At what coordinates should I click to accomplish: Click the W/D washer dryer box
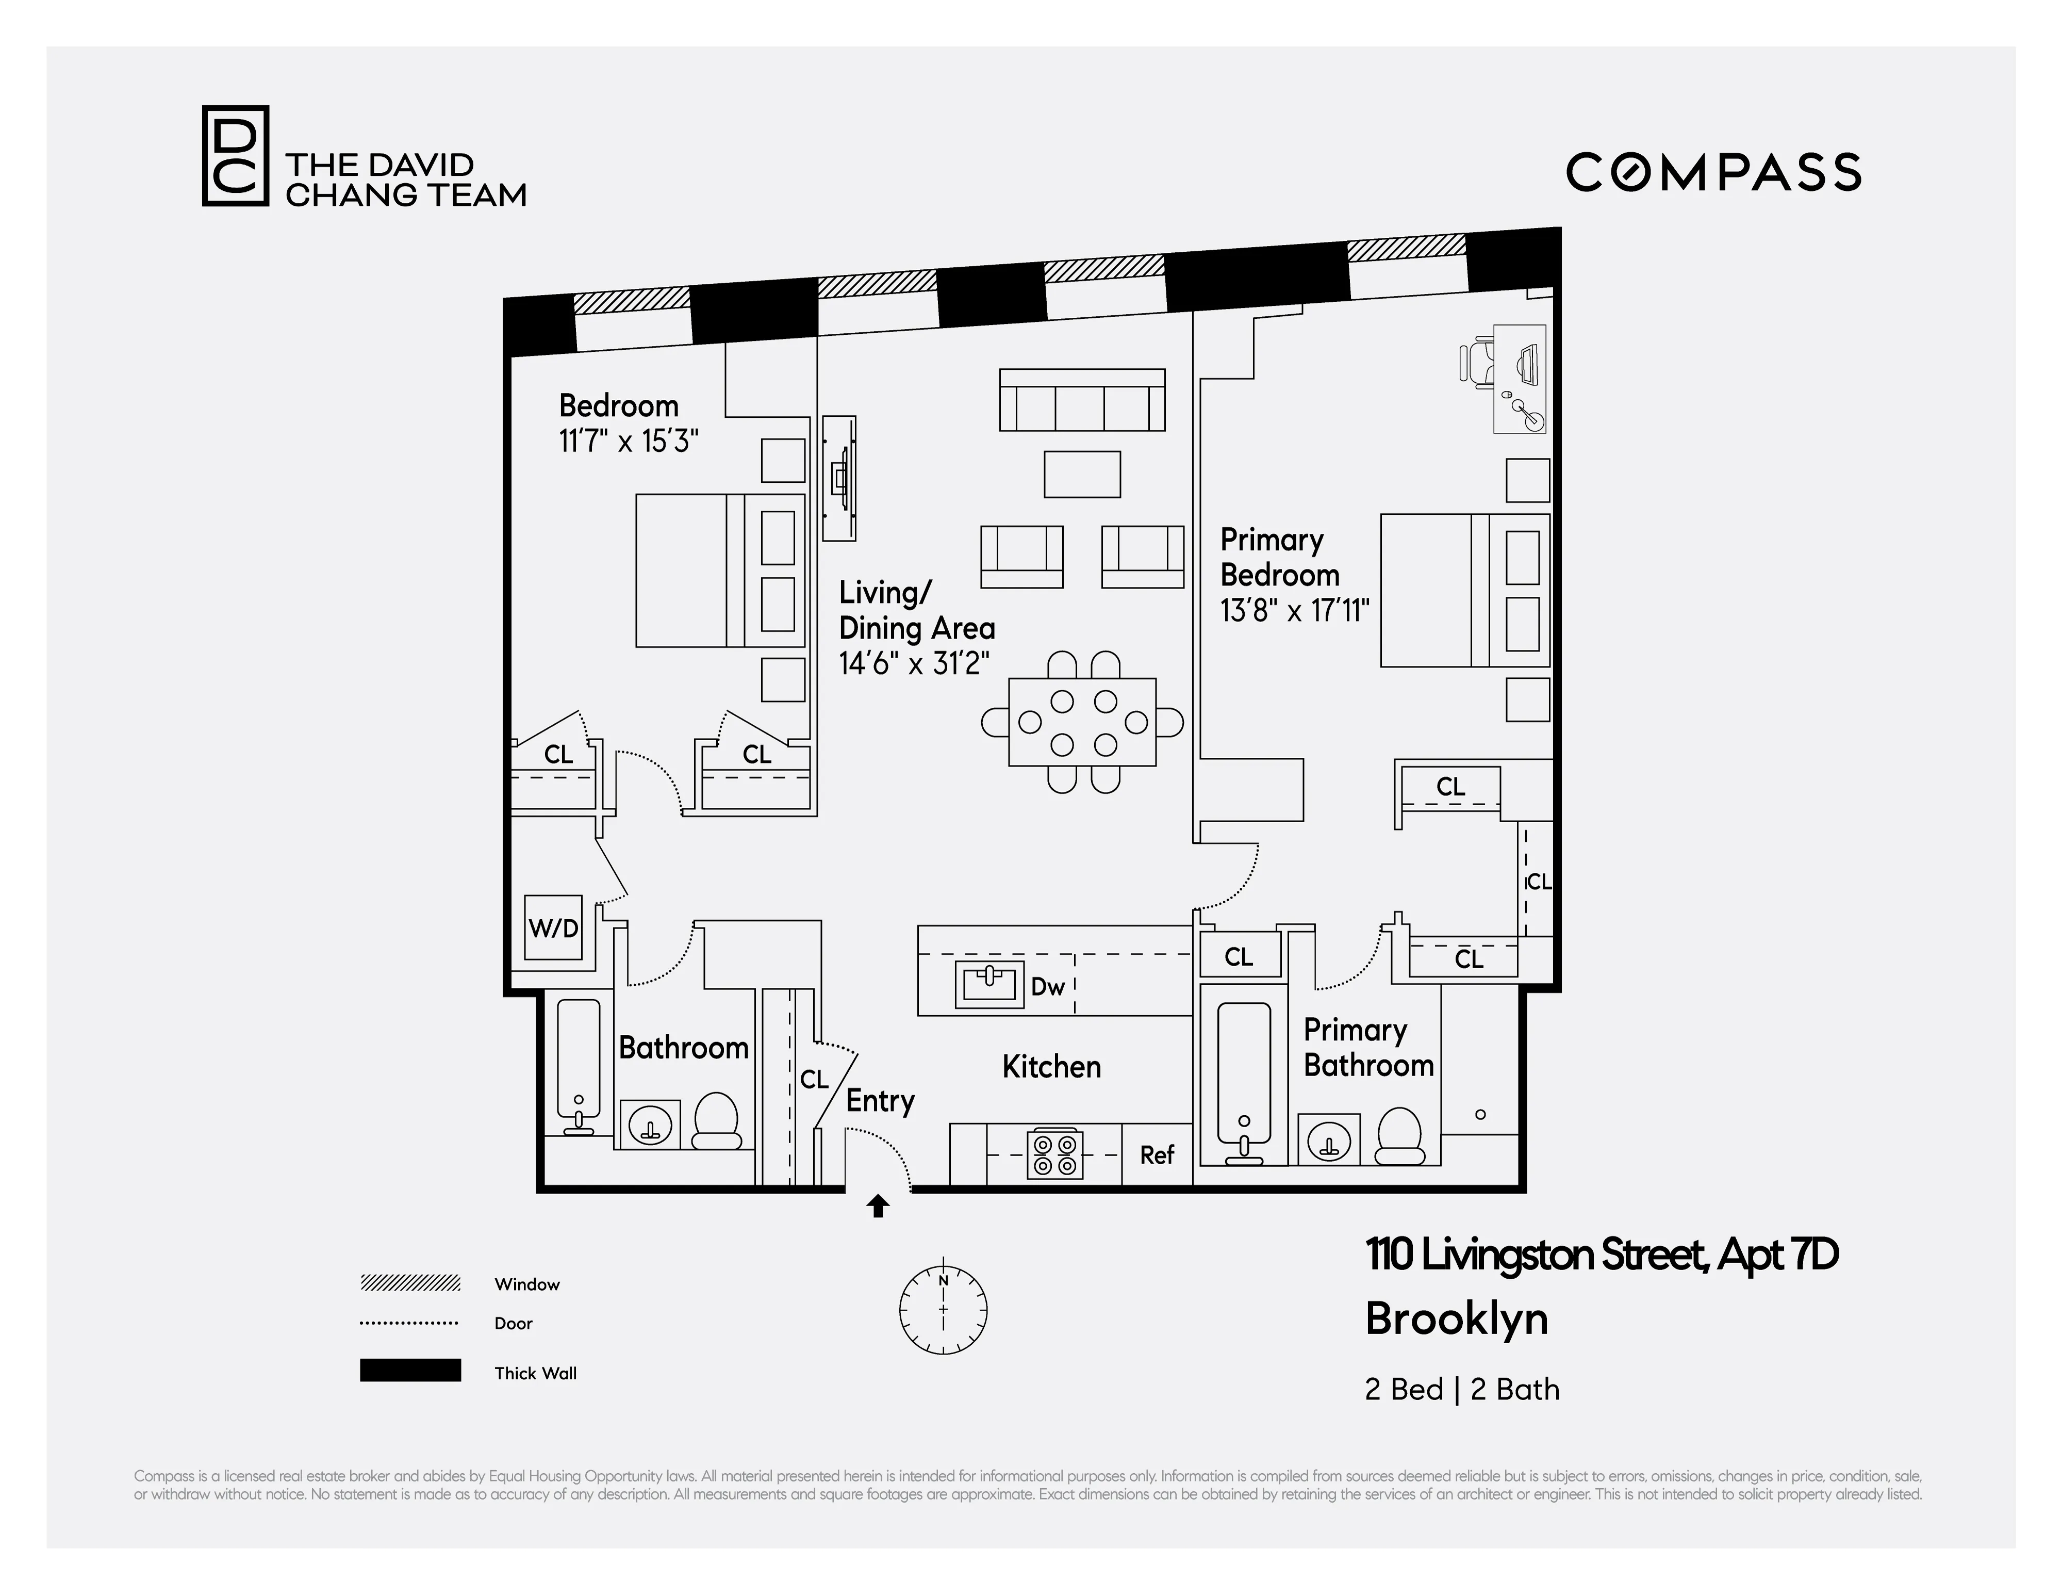tap(553, 927)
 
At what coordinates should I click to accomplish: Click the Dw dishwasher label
tap(1047, 987)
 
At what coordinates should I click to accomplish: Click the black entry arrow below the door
tap(878, 1206)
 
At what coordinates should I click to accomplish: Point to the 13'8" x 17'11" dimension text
tap(1294, 611)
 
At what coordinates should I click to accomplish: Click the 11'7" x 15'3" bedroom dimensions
tap(629, 441)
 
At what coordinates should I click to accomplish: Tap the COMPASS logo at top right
tap(1713, 173)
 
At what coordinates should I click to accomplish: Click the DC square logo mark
tap(235, 156)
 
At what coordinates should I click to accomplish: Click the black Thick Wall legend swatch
tap(410, 1370)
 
